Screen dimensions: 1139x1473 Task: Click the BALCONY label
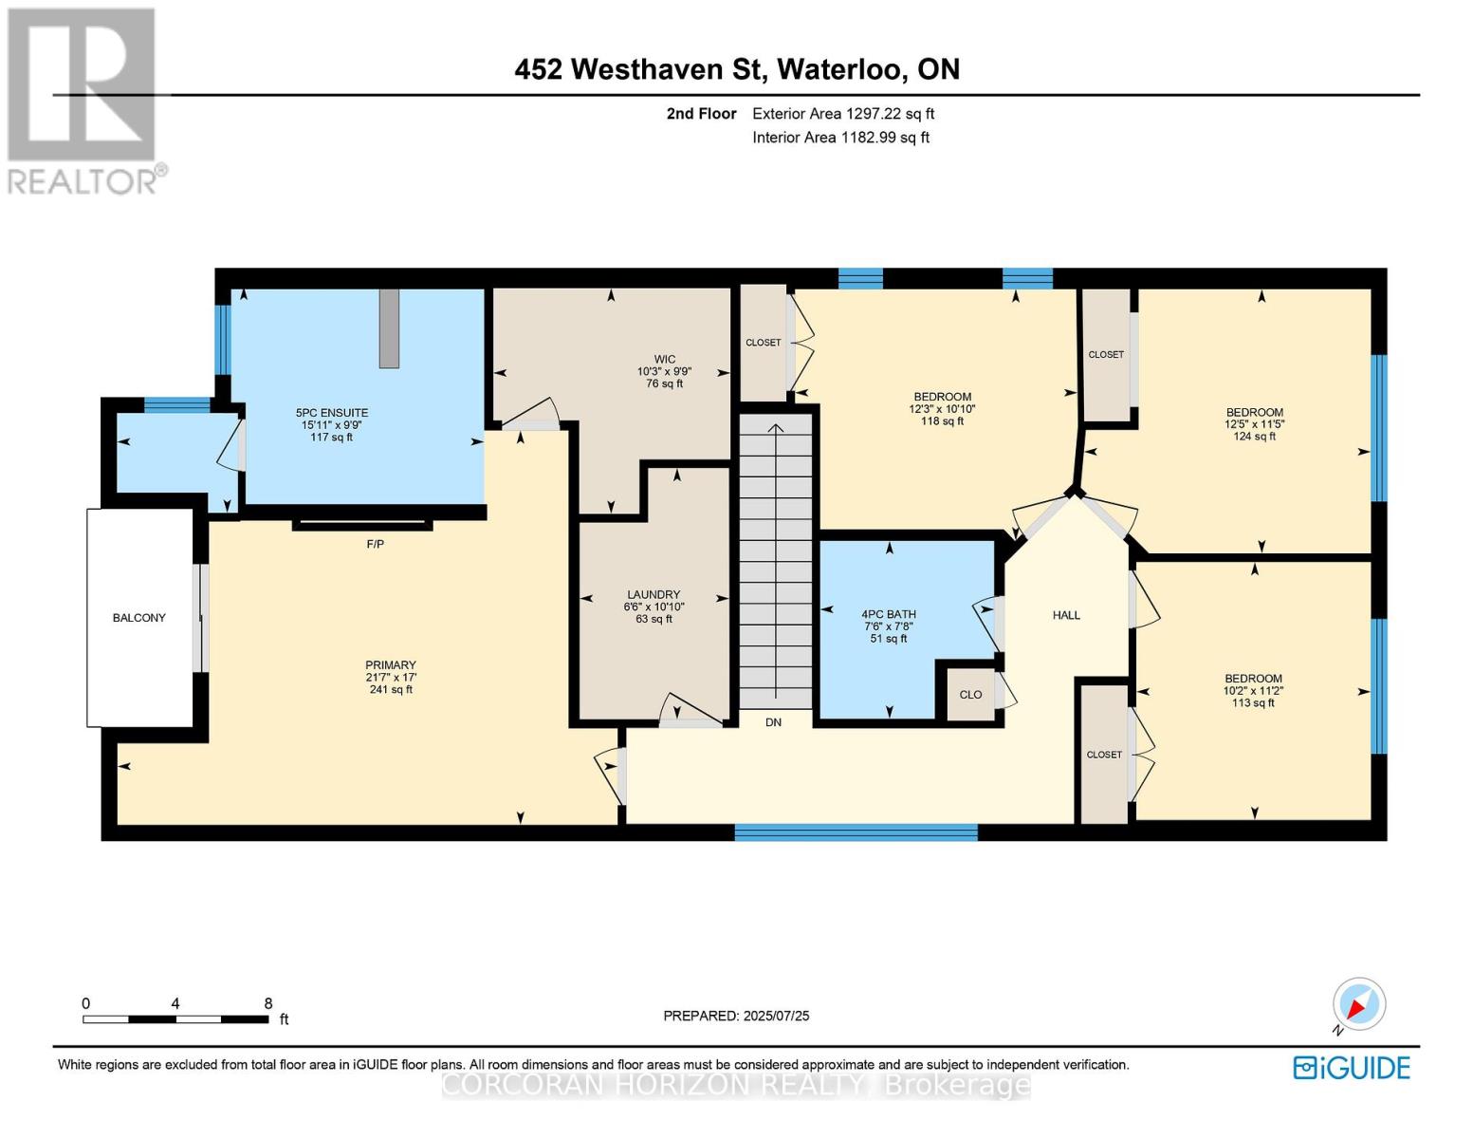139,618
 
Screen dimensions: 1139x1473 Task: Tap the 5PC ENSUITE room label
332,413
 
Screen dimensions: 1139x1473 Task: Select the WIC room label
665,360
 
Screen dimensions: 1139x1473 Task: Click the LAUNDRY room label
654,595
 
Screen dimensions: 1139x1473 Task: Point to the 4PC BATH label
889,614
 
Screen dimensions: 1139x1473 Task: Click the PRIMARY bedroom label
391,665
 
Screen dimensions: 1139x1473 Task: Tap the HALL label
1066,615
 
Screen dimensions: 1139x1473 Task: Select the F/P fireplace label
376,544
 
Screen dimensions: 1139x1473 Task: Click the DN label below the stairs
774,722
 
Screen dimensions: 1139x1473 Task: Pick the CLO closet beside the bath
970,695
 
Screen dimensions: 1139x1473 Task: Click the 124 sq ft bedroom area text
1255,437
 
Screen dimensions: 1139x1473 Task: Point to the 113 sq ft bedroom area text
1253,703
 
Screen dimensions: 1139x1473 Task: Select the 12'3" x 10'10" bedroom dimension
942,409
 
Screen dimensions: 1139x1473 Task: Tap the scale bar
175,1019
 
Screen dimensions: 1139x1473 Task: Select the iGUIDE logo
1352,1068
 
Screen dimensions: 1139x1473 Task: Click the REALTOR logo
83,100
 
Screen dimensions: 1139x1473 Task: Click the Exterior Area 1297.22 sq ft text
843,114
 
